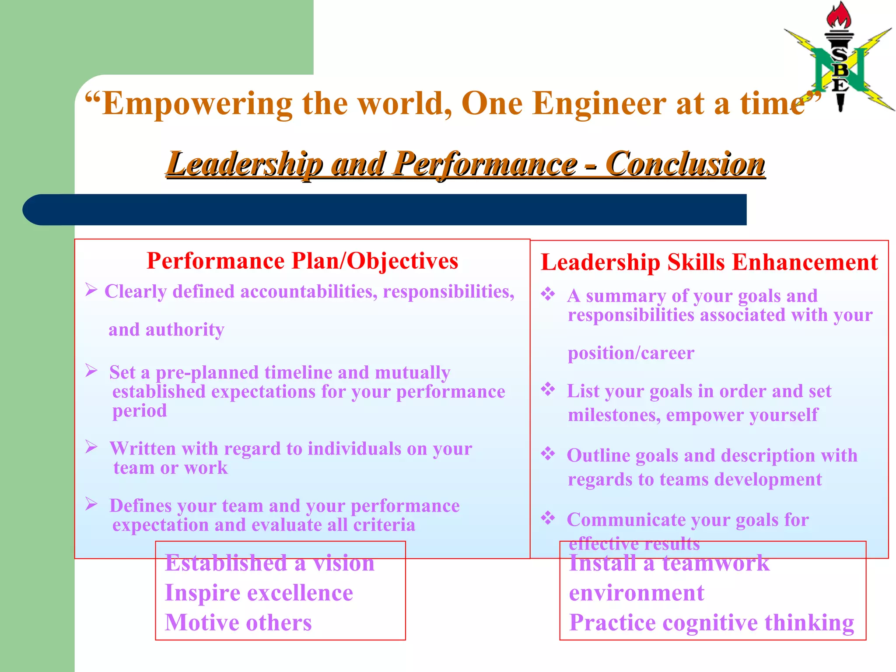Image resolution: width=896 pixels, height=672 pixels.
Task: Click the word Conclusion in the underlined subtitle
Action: [686, 164]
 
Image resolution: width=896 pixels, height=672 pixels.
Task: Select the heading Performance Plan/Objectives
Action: [302, 261]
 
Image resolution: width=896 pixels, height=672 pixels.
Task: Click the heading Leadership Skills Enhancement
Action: [709, 262]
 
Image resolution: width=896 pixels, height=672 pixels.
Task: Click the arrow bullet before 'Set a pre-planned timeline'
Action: [91, 371]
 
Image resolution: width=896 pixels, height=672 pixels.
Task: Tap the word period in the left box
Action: [140, 411]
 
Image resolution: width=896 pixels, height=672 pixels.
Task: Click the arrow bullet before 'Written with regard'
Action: [91, 447]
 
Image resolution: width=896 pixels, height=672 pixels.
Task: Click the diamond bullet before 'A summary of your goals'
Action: [548, 294]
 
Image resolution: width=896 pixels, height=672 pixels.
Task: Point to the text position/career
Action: [631, 353]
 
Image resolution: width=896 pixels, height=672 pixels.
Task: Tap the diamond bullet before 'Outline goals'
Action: [548, 454]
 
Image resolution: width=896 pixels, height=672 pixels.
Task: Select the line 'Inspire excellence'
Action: [259, 593]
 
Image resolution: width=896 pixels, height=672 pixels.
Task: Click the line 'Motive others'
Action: [238, 623]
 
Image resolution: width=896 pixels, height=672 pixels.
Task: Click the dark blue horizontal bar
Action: [385, 210]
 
